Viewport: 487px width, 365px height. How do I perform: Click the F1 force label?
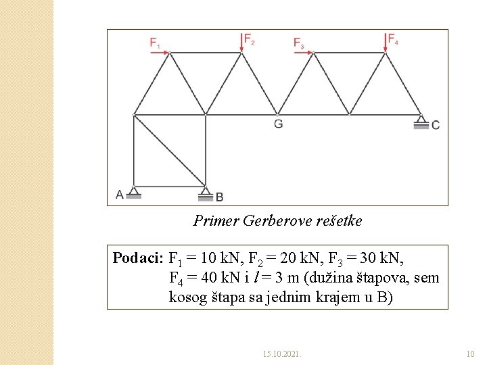pos(154,43)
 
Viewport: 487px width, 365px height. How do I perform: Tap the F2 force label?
pos(249,39)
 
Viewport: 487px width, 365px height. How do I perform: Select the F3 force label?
pos(298,43)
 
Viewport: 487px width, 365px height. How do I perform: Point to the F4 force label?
pos(392,39)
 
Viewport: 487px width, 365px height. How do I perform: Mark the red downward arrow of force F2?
pos(241,42)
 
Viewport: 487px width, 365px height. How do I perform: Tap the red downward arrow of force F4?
pos(385,42)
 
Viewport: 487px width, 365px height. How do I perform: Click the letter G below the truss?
pos(278,124)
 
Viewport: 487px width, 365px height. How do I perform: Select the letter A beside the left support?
pos(120,195)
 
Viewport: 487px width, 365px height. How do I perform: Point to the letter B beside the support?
pos(219,197)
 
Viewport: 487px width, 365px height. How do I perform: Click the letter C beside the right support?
pos(435,125)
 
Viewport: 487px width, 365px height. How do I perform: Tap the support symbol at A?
pos(134,193)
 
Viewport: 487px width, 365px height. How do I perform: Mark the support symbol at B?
pos(206,194)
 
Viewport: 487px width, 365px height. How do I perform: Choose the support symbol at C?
pos(421,122)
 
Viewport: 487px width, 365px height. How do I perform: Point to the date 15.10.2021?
pos(282,354)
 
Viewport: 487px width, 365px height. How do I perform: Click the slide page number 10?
pos(471,354)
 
